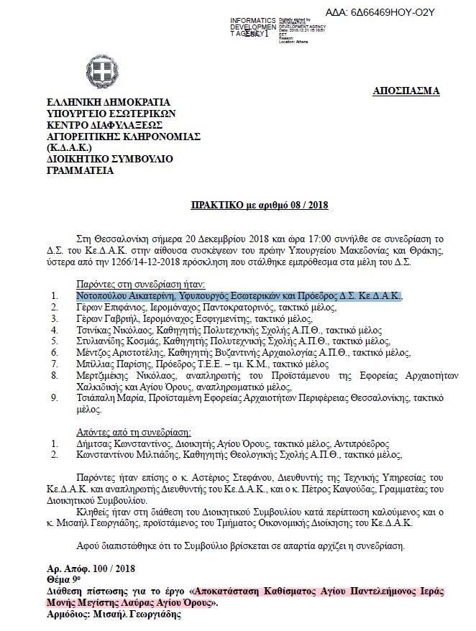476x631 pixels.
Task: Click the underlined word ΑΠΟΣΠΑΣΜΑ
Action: click(406, 91)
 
